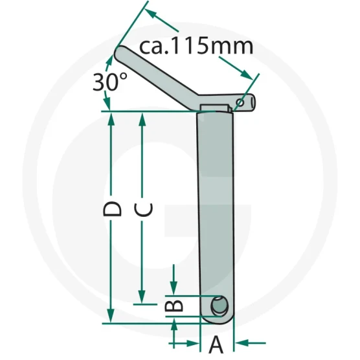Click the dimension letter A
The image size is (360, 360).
[216, 344]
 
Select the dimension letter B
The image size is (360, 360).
[174, 306]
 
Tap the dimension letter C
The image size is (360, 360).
[144, 209]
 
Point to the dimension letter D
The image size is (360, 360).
[112, 209]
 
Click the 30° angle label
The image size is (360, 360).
[109, 82]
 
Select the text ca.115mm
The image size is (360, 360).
[196, 46]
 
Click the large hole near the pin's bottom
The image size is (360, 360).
[219, 306]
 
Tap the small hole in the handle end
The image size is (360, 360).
[240, 102]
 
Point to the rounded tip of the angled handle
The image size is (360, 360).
[119, 53]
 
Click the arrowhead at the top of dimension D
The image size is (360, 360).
[111, 118]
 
